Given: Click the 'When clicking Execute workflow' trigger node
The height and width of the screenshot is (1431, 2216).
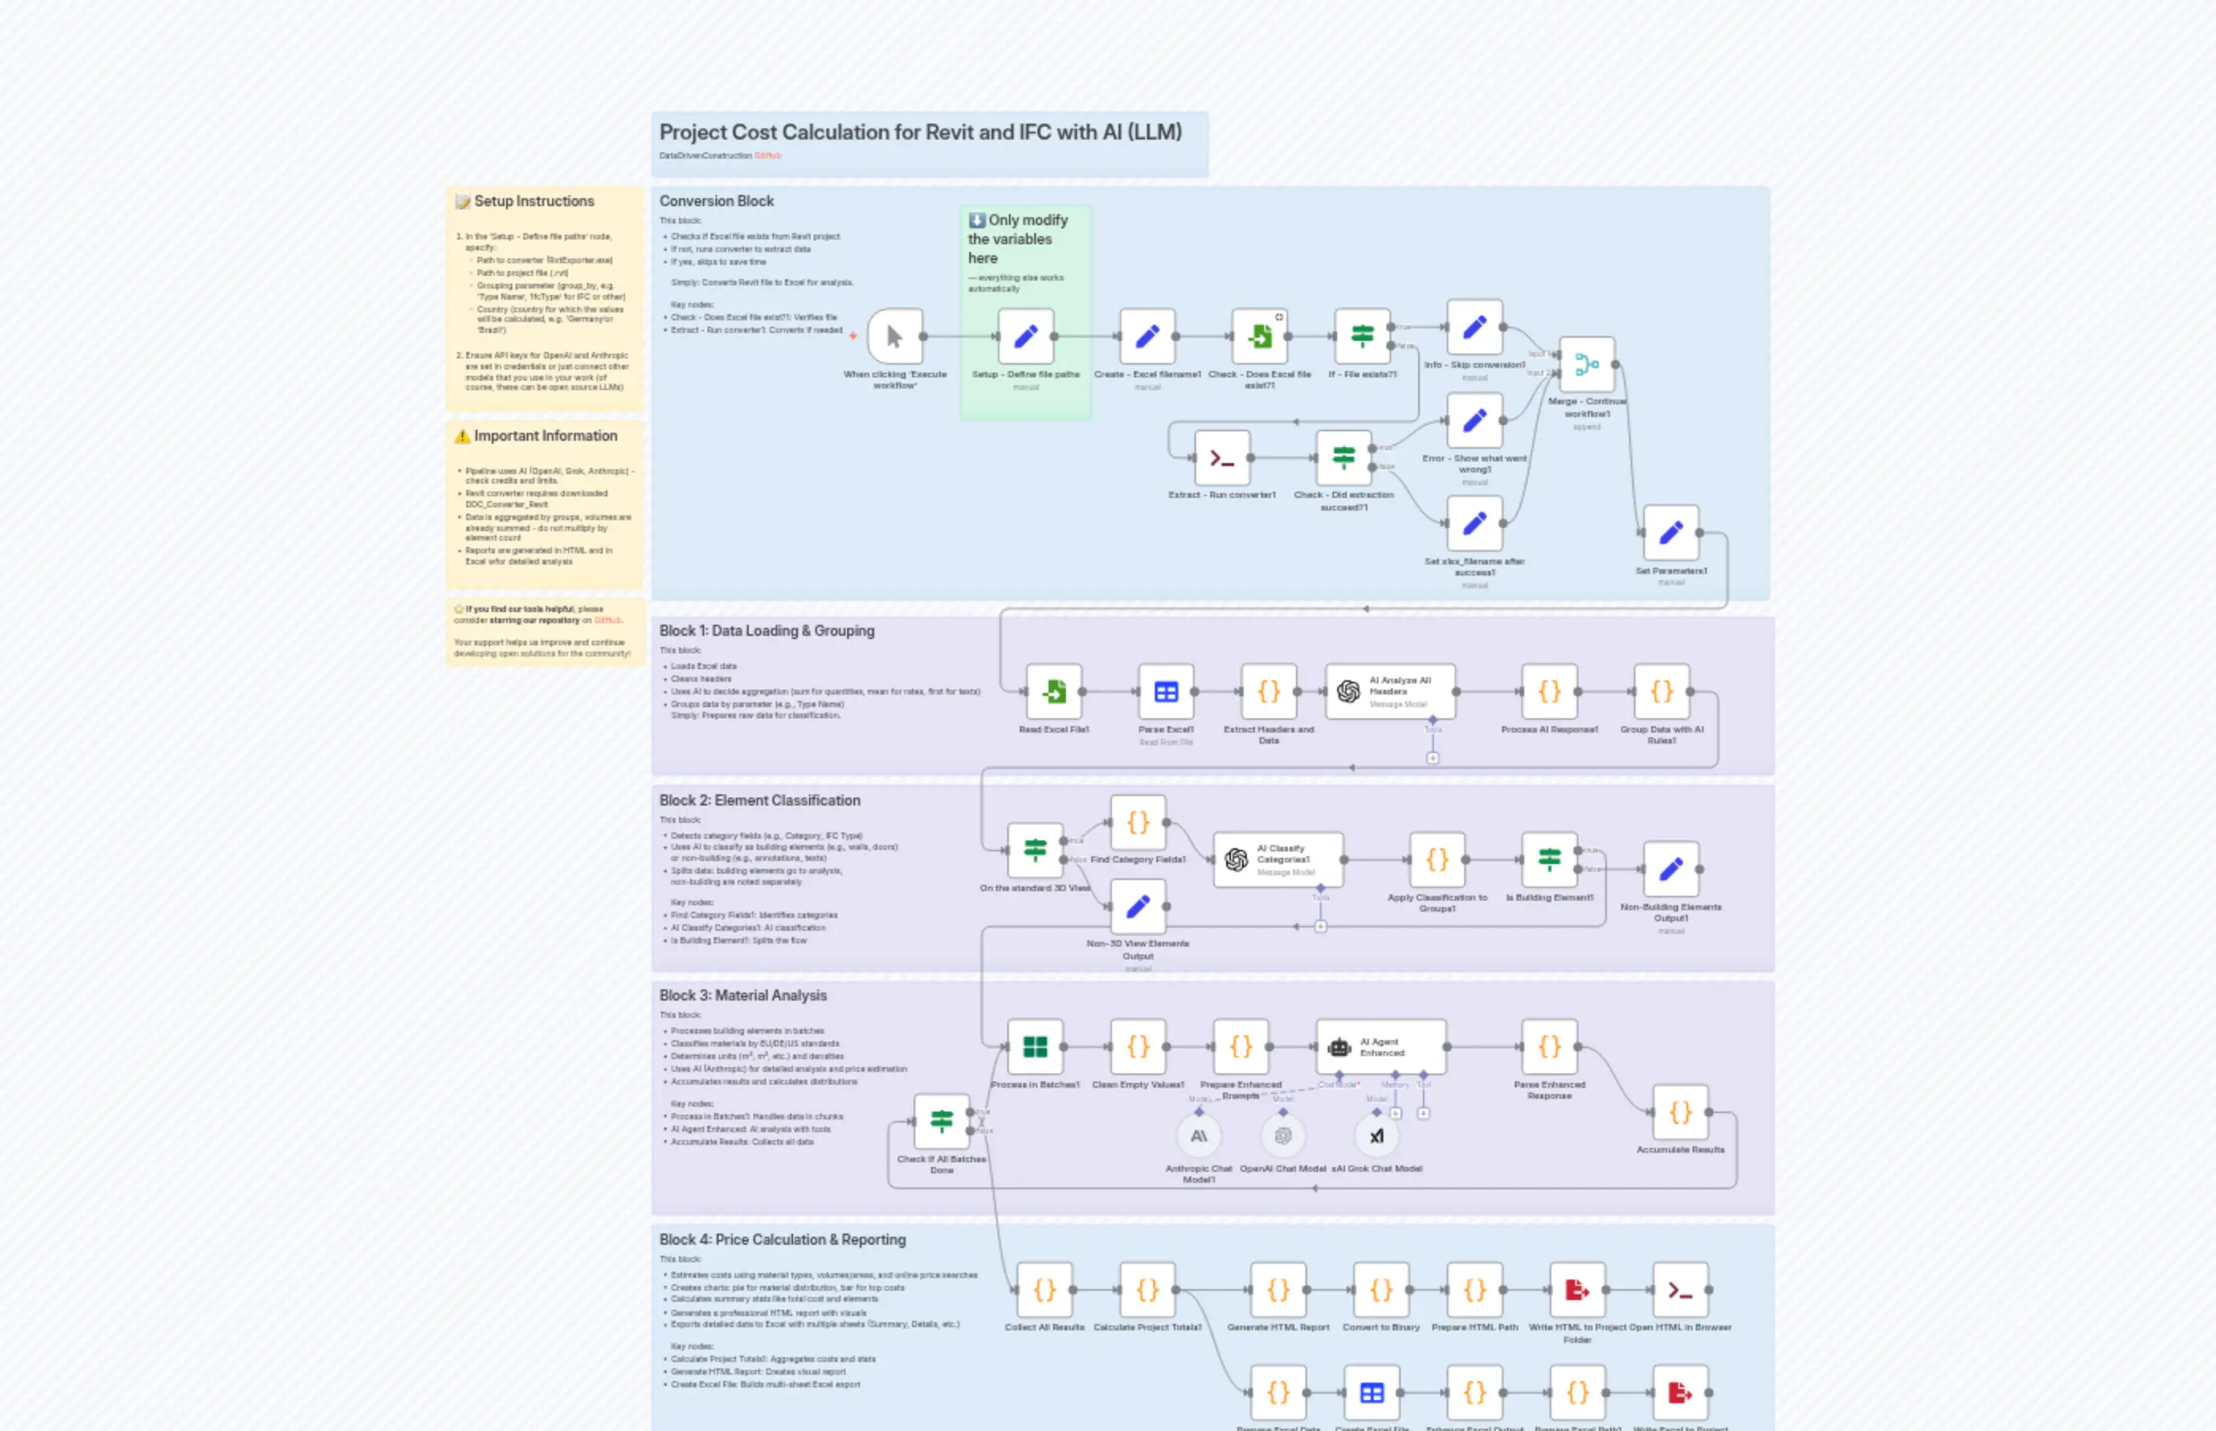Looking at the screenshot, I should (x=894, y=336).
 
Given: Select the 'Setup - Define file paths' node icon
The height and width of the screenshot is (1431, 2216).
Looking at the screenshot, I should (x=1026, y=336).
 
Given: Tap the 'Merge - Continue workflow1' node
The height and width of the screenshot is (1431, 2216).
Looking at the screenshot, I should (x=1587, y=364).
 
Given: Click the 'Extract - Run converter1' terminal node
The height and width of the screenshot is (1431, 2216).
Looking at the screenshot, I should (x=1221, y=457).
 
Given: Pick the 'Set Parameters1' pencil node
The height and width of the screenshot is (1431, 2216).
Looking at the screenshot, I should (x=1670, y=533).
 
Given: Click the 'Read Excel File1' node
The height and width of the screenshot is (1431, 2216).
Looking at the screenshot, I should (x=1053, y=691).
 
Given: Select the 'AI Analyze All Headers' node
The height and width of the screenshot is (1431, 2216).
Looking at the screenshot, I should (x=1390, y=691).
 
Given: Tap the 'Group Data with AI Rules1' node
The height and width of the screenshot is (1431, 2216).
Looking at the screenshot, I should (x=1661, y=691).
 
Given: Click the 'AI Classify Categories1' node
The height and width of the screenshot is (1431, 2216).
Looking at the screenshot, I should (x=1278, y=859).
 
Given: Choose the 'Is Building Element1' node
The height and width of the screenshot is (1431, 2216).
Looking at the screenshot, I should (x=1549, y=859).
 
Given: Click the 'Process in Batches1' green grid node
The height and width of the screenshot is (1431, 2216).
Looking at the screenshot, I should (x=1034, y=1046).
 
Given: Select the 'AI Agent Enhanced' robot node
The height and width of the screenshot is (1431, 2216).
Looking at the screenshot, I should (x=1380, y=1046).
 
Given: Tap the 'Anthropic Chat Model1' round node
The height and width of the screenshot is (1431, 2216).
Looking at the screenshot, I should (x=1198, y=1135).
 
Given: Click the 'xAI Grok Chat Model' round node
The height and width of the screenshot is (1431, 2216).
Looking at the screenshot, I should (x=1376, y=1135).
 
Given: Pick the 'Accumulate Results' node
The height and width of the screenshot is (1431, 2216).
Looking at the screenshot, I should (x=1680, y=1112).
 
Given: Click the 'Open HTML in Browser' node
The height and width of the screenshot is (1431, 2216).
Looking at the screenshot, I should (x=1680, y=1290).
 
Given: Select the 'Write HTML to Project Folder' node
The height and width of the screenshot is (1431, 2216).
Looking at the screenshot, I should (x=1577, y=1290).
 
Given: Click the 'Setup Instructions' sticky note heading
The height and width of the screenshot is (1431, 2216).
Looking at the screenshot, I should (x=534, y=201).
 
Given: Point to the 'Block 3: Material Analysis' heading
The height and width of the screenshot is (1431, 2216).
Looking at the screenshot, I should (x=742, y=995).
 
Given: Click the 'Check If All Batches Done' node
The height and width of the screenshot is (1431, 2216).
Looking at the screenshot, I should (x=941, y=1122).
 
